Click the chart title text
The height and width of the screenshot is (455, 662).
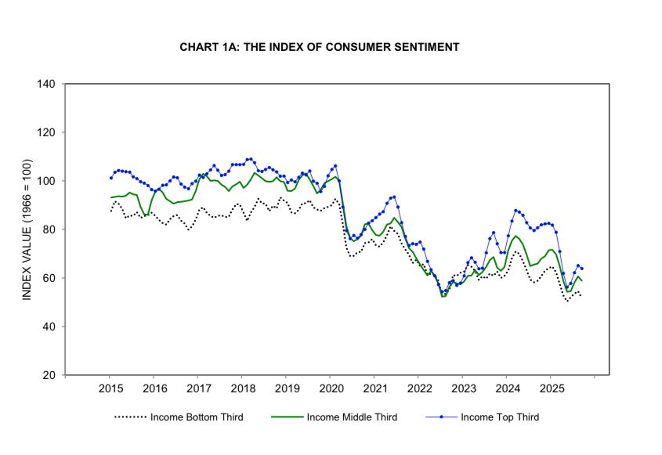pos(319,47)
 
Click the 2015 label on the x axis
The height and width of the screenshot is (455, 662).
pos(110,388)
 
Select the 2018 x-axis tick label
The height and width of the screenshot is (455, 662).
pos(243,388)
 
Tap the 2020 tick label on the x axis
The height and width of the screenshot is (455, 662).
pos(331,388)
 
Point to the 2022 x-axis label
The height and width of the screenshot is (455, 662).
pos(419,388)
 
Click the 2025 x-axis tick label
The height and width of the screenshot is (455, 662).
pos(551,388)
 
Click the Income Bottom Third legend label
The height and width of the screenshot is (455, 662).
pos(197,417)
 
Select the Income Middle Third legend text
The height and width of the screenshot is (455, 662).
pos(352,417)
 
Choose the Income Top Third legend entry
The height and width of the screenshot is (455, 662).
pos(500,417)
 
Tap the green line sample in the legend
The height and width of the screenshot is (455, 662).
pos(287,417)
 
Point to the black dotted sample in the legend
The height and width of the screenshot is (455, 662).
pos(131,417)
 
